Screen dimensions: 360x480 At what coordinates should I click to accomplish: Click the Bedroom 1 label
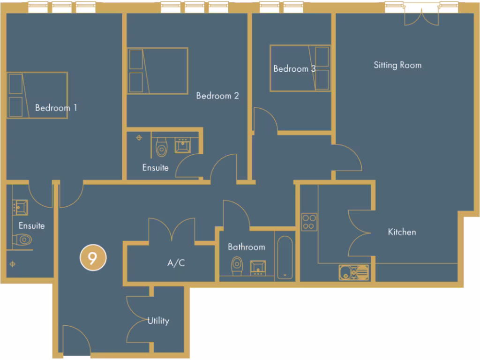56,108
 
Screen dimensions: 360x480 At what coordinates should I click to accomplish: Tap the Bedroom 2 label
217,96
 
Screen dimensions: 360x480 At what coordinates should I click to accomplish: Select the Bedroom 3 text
294,68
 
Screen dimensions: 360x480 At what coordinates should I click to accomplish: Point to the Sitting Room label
397,65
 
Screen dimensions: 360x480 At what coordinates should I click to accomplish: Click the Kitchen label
402,232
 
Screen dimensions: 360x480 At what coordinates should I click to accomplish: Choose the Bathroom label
246,247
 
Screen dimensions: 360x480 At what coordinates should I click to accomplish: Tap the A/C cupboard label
176,263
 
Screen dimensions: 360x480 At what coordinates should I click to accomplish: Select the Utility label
158,321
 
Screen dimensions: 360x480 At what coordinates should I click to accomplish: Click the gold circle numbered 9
92,258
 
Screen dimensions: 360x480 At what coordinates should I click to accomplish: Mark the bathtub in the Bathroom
285,257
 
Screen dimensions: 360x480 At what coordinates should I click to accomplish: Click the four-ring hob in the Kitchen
309,222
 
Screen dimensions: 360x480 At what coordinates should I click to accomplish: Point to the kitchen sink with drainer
354,272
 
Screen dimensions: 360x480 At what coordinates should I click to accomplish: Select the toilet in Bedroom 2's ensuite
161,147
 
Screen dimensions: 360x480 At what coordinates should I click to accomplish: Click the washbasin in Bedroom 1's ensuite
20,207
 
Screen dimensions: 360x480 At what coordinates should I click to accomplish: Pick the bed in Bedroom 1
37,95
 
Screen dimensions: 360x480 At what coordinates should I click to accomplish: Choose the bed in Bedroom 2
157,70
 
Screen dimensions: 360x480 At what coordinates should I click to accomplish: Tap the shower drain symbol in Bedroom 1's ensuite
12,264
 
